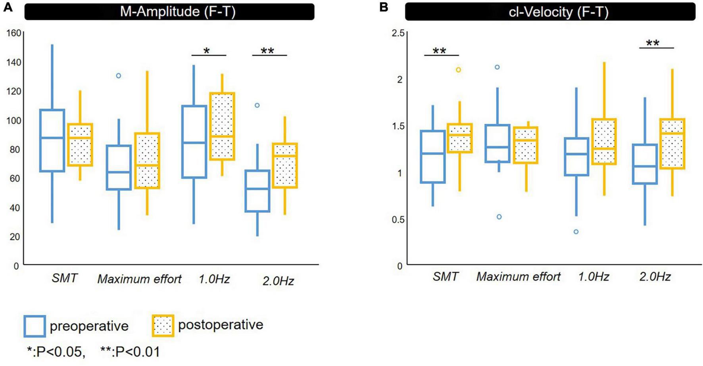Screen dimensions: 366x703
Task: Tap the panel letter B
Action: [x=384, y=7]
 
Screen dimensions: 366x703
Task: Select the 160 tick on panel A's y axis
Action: [x=14, y=33]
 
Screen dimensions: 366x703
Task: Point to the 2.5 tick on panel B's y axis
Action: [x=398, y=33]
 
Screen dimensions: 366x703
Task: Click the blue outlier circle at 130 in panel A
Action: [x=118, y=76]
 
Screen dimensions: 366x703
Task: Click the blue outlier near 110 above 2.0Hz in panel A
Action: [x=257, y=105]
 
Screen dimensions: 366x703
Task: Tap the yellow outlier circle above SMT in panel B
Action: [x=458, y=70]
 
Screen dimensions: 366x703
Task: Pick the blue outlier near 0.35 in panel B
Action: [x=576, y=232]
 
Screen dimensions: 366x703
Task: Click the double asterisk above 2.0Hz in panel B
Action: [x=653, y=43]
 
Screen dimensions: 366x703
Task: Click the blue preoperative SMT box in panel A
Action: [x=52, y=140]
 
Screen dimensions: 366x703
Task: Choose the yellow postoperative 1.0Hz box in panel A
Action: [x=222, y=126]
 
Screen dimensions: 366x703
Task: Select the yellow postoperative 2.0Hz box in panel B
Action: [x=672, y=144]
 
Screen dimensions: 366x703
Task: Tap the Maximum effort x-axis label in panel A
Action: [x=139, y=279]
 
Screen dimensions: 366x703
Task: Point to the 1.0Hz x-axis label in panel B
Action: [x=593, y=276]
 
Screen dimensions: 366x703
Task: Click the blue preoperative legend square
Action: [x=35, y=326]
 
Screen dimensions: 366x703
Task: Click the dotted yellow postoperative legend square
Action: [x=163, y=326]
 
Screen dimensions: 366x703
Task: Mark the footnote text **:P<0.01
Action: [x=130, y=351]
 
